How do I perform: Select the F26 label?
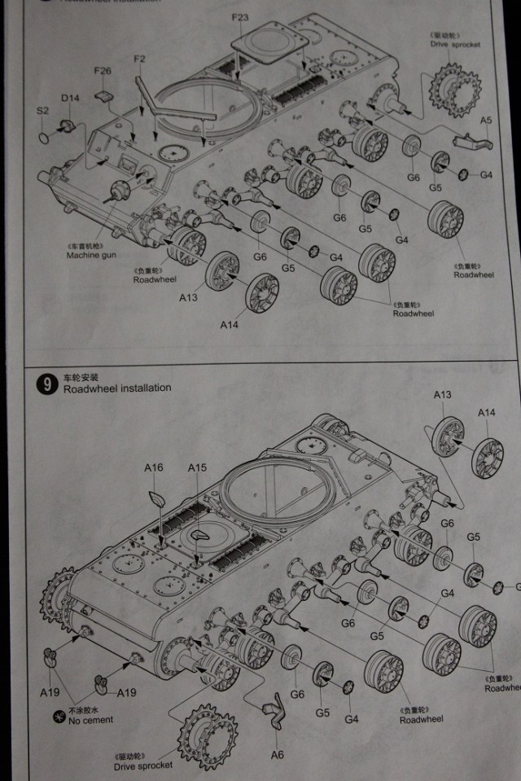click(102, 71)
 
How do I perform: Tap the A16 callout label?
click(154, 467)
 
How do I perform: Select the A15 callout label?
click(197, 467)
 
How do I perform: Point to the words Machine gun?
click(92, 255)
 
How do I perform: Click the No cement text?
click(90, 720)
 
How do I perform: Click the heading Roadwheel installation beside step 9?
click(117, 388)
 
